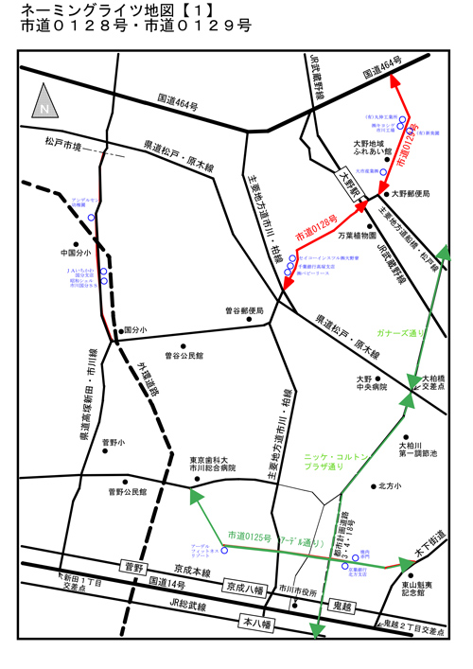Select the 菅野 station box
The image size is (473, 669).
(132, 567)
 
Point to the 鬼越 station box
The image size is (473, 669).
(341, 603)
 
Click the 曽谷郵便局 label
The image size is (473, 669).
(243, 309)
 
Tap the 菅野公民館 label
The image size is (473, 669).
(128, 491)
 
